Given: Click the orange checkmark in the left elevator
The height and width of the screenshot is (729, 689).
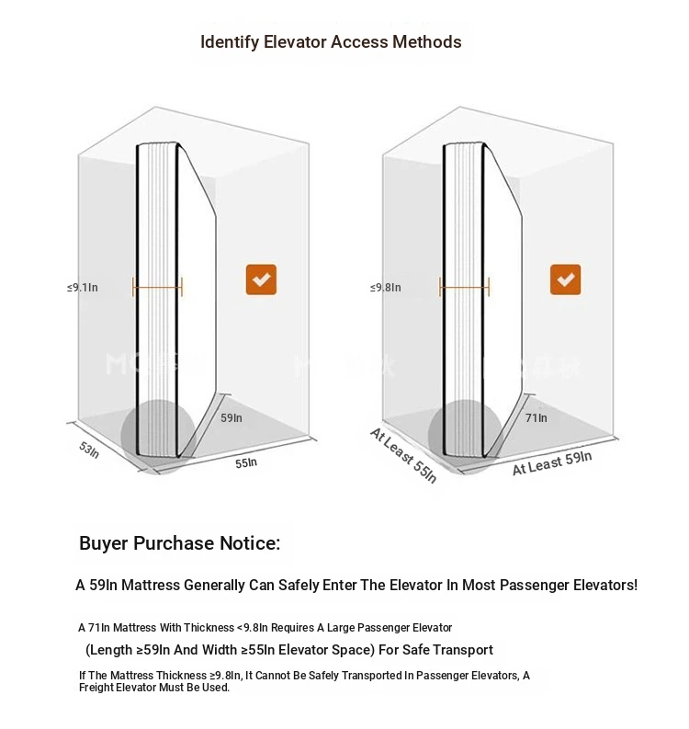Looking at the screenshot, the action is [x=261, y=279].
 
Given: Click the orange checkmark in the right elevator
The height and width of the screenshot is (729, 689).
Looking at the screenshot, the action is [x=565, y=279].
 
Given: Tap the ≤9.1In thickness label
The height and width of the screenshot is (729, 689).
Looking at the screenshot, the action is [x=83, y=288].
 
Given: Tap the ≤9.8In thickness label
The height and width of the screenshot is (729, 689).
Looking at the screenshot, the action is [x=386, y=288].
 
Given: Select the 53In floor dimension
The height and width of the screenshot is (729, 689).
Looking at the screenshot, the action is [x=89, y=450].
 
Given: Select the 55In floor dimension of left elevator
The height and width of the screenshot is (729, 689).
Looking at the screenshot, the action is [x=246, y=463].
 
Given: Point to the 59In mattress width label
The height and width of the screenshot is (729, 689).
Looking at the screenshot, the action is [x=232, y=418].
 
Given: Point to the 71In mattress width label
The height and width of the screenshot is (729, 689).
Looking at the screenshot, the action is [x=537, y=418].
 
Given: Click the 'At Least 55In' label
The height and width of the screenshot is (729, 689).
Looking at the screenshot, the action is [x=403, y=456].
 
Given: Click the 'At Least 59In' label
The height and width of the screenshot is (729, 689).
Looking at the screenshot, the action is [x=552, y=463].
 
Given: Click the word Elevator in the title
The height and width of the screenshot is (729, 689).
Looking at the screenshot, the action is [x=296, y=42].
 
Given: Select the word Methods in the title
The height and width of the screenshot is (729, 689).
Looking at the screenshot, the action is [x=427, y=42].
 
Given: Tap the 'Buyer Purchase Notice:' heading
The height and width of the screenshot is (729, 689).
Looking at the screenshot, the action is [x=180, y=543].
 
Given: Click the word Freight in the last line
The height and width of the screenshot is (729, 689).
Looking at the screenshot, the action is [x=96, y=688].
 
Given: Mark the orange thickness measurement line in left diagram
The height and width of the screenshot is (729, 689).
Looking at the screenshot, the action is [x=157, y=288].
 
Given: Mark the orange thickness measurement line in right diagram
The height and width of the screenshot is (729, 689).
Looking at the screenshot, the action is [x=464, y=288].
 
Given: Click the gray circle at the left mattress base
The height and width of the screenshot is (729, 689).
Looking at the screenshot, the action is [x=158, y=437].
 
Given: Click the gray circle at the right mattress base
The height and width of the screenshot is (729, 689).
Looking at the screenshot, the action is [x=465, y=437].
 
